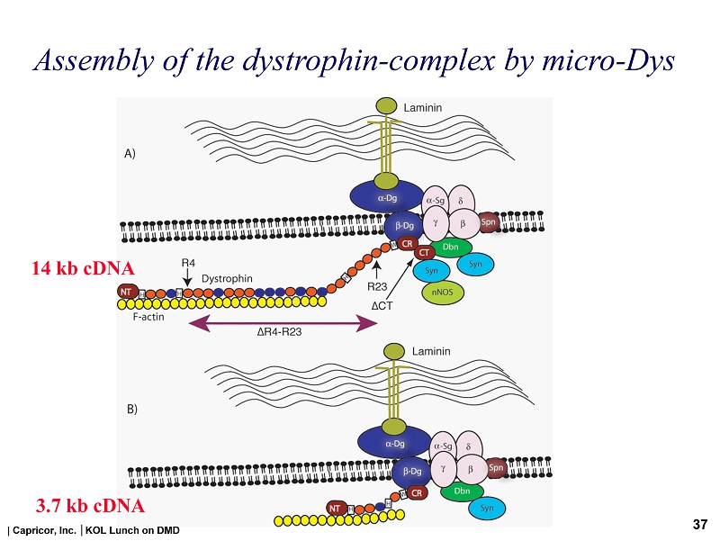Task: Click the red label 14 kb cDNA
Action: [x=83, y=268]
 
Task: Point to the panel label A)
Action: [x=130, y=154]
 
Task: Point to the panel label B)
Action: [x=131, y=408]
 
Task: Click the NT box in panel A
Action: [x=129, y=292]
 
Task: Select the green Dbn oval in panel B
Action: [x=462, y=491]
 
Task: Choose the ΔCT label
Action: [x=384, y=306]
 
